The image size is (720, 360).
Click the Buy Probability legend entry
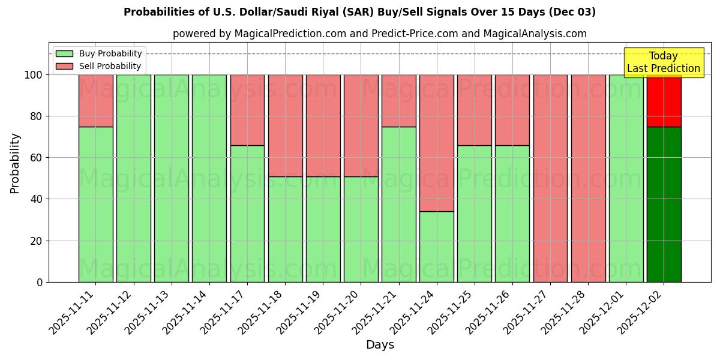point(99,53)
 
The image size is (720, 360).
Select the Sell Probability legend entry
point(99,66)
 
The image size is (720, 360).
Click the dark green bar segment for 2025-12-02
point(664,204)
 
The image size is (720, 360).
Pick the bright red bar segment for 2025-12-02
point(664,100)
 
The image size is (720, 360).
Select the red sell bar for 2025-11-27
point(550,178)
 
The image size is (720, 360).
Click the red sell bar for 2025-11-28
point(588,178)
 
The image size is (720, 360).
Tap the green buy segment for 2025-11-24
point(436,247)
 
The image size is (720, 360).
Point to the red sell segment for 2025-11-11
point(95,100)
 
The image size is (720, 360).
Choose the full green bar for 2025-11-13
point(172,178)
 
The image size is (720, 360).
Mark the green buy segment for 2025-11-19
point(323,229)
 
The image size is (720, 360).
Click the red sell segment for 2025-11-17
point(247,110)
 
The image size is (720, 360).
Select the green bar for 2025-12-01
point(626,178)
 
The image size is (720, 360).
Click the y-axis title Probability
point(15,163)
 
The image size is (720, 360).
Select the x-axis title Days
point(380,345)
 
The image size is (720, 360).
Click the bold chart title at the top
point(359,12)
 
